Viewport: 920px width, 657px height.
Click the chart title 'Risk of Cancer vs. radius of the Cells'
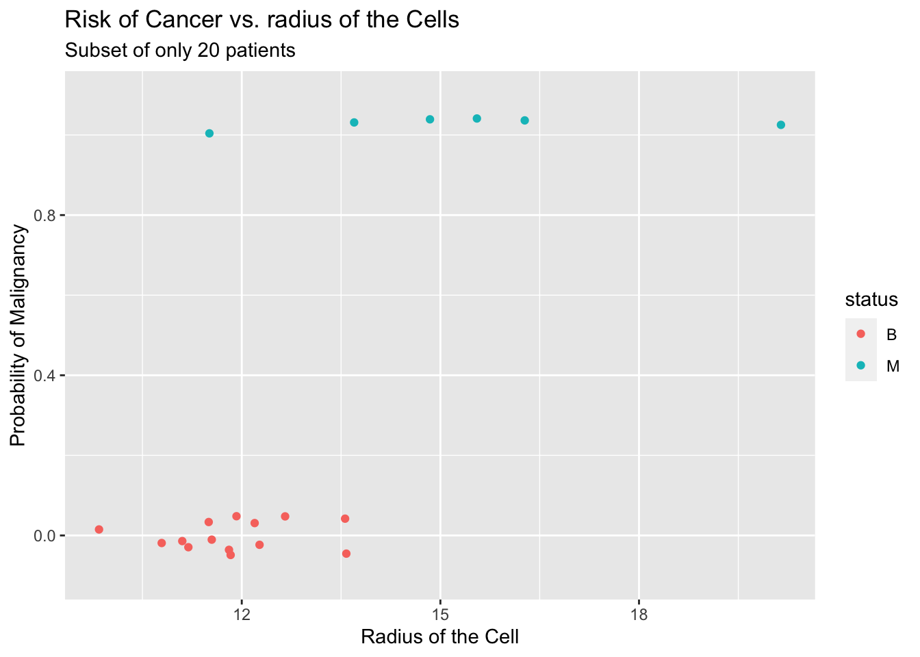pos(261,21)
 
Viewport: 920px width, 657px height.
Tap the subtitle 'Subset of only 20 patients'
pos(180,51)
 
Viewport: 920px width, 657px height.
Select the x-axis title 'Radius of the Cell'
pos(439,637)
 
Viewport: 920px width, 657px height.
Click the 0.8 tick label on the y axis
pos(45,216)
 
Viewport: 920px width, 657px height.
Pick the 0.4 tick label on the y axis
pos(45,376)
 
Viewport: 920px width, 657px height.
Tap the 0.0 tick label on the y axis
pos(45,535)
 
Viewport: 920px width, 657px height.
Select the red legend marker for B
pos(861,334)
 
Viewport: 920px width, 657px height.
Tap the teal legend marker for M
pos(861,365)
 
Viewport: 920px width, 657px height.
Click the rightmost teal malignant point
pos(781,125)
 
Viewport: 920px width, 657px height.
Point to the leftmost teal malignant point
pos(209,133)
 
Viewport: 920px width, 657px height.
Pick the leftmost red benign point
pos(99,530)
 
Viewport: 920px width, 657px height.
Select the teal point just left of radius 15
pos(430,119)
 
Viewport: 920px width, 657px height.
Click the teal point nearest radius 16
pos(525,120)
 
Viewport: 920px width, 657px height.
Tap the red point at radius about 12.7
pos(285,516)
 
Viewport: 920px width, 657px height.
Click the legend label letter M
pos(893,366)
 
